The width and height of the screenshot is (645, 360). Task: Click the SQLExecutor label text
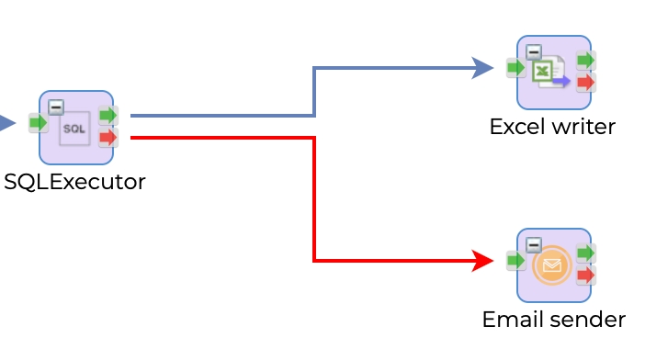point(74,182)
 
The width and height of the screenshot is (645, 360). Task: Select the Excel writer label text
point(552,127)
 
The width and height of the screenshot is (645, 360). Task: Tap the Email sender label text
point(553,320)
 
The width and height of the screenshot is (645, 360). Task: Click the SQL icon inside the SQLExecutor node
point(74,129)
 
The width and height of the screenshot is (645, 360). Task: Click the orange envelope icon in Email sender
point(551,266)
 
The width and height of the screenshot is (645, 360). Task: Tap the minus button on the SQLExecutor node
point(56,107)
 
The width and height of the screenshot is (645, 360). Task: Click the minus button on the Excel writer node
point(533,52)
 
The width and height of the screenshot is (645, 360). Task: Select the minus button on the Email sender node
point(533,245)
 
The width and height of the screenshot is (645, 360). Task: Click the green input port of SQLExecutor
point(38,122)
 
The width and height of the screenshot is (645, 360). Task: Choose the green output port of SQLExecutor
point(108,116)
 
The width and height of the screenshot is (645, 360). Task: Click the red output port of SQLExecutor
point(108,138)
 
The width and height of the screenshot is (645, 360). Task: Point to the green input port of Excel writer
point(515,67)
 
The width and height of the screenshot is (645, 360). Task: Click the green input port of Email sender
point(515,261)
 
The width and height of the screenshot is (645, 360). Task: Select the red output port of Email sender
point(585,276)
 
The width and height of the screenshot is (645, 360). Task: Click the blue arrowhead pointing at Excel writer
point(483,67)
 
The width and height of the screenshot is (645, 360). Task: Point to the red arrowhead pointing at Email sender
point(483,261)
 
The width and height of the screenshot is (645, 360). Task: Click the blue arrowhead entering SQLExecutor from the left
point(7,122)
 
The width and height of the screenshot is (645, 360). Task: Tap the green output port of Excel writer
point(585,61)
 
